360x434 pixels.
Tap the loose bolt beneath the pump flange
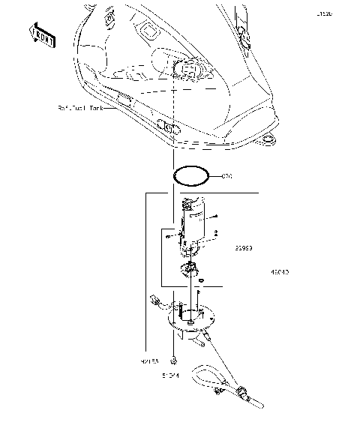173,358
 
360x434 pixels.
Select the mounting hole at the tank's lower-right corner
267,139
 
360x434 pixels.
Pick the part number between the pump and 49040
244,246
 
